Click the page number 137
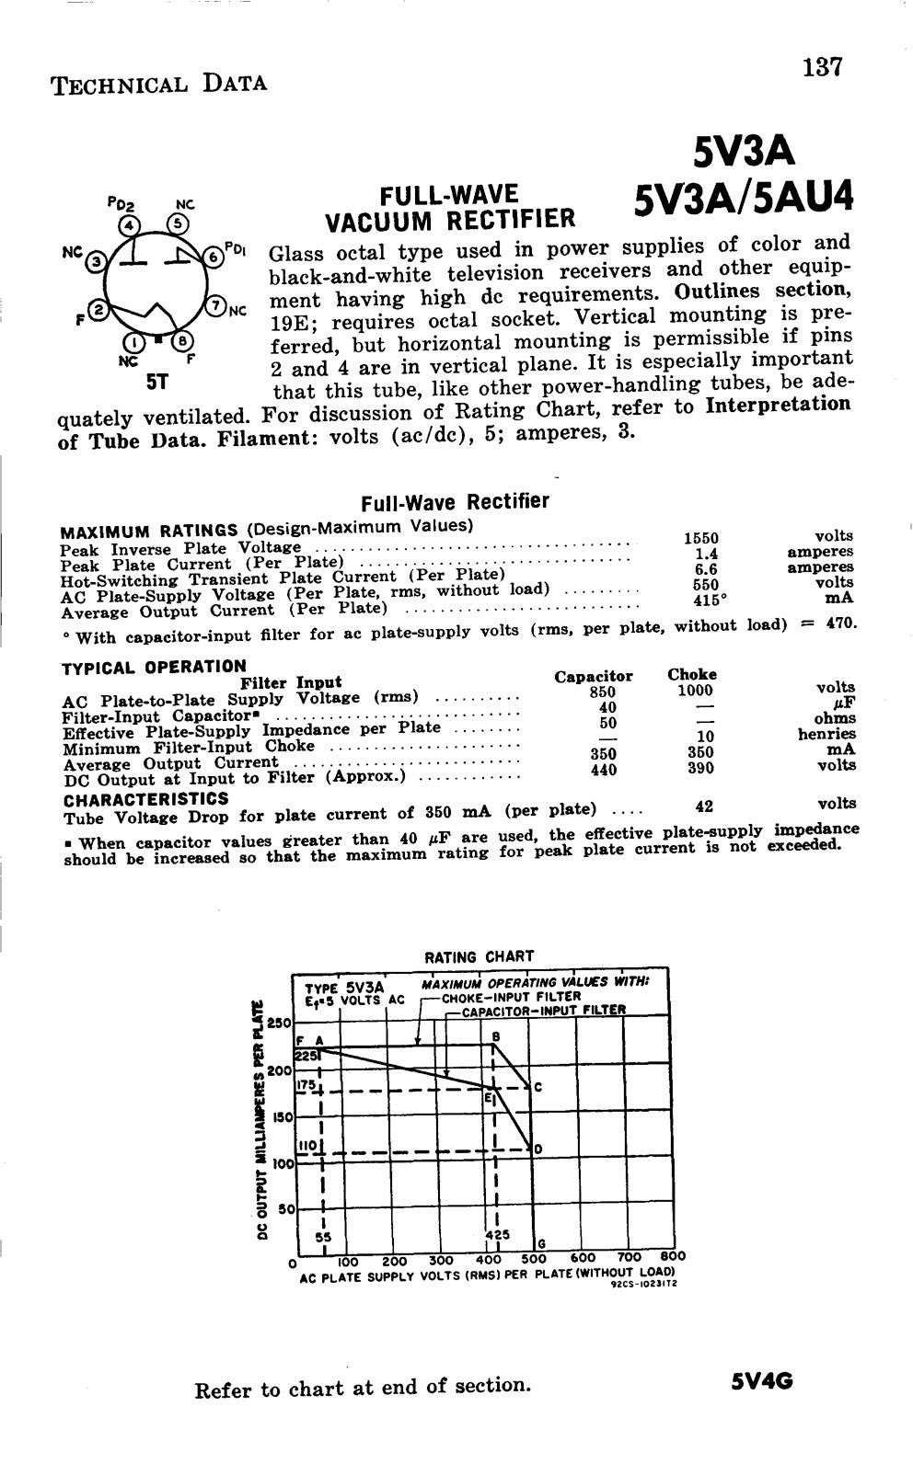click(x=822, y=67)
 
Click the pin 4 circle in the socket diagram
click(x=131, y=223)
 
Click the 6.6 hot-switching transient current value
click(x=705, y=569)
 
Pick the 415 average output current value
click(x=703, y=600)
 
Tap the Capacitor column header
click(x=594, y=676)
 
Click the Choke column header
click(x=691, y=674)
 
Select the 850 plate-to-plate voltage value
click(x=602, y=692)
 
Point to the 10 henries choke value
click(x=706, y=736)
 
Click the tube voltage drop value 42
click(x=704, y=806)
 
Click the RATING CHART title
click(x=479, y=957)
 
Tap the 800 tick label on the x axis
click(x=674, y=1256)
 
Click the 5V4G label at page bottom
click(x=762, y=1381)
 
